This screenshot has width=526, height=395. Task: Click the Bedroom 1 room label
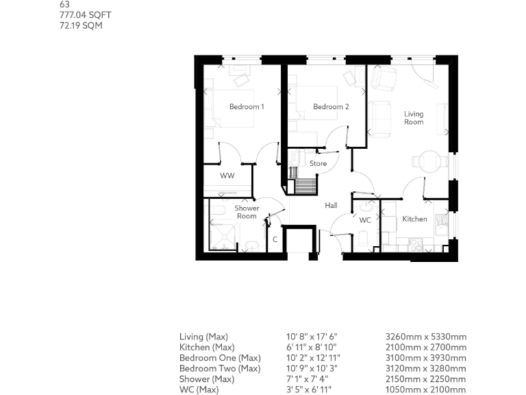[x=247, y=107]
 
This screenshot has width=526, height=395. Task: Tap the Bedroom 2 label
[x=331, y=107]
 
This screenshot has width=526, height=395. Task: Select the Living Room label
[x=414, y=118]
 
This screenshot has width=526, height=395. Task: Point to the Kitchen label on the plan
[x=414, y=219]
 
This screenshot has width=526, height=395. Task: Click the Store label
[x=318, y=164]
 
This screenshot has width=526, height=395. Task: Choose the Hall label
[x=331, y=206]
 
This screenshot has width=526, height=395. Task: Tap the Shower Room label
[x=247, y=212]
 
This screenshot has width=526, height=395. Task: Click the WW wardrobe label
[x=227, y=176]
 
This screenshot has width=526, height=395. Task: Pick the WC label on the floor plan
[x=365, y=220]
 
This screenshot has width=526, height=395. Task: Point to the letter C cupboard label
[x=275, y=239]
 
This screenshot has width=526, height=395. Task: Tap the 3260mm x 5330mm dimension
[x=427, y=337]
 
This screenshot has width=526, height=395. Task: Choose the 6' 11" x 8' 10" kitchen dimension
[x=312, y=348]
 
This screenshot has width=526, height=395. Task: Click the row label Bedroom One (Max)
[x=220, y=358]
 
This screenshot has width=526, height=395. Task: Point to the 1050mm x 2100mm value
[x=427, y=390]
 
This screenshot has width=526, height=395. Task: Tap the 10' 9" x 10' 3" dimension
[x=312, y=369]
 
